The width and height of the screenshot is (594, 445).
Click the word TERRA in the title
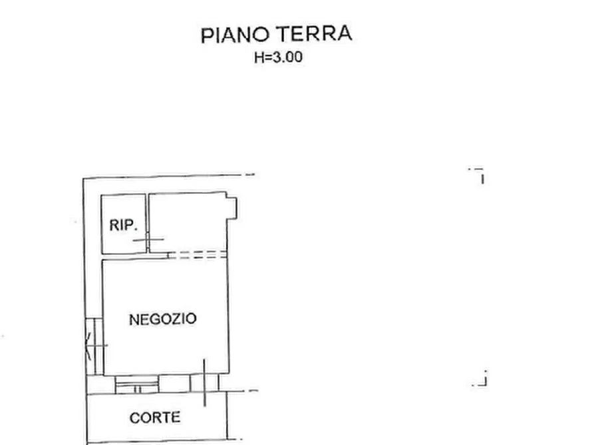(314, 34)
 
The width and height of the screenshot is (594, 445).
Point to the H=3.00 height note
(279, 57)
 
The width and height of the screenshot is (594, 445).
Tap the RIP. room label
(123, 225)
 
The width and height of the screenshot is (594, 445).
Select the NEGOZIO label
(163, 319)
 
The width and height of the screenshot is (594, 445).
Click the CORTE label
(155, 418)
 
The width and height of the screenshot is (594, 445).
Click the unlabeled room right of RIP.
(188, 222)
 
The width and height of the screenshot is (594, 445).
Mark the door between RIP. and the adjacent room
(148, 240)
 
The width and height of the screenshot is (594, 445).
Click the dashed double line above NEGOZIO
(198, 254)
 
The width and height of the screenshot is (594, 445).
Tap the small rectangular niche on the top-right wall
(232, 208)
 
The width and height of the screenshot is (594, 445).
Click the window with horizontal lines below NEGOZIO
(137, 385)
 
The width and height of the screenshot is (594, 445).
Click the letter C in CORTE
(134, 418)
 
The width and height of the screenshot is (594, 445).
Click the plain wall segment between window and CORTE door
(174, 384)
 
